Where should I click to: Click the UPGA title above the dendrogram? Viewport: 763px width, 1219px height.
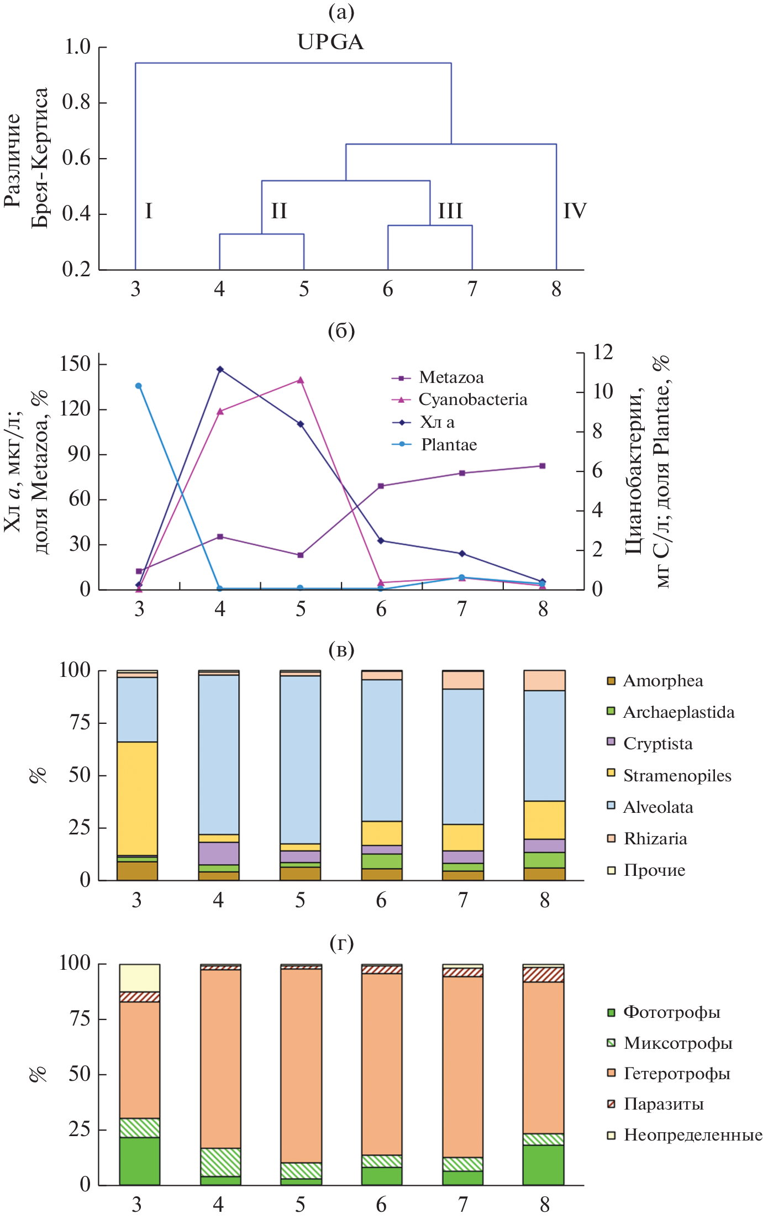point(330,42)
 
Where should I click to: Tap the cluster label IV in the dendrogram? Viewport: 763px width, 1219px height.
point(575,211)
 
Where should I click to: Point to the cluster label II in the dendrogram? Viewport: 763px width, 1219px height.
point(279,211)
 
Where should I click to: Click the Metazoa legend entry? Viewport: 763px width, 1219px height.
point(450,377)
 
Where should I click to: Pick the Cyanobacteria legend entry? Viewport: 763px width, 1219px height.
point(472,400)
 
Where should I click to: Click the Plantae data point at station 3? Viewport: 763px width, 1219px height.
point(139,386)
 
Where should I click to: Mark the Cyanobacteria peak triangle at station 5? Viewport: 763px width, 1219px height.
point(301,380)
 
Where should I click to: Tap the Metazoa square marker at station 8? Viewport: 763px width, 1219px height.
point(543,466)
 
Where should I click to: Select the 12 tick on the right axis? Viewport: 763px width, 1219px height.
point(603,352)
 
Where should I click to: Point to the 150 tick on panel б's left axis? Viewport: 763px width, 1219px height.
point(75,364)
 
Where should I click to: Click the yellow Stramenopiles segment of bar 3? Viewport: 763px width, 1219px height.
point(137,798)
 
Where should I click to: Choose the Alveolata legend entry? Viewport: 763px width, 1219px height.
point(657,807)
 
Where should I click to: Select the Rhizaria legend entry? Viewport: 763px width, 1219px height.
point(655,839)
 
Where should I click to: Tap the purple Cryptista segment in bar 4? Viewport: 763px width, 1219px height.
point(219,853)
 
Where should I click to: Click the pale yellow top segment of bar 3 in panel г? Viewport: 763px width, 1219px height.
point(140,978)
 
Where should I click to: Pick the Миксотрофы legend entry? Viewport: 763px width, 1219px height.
point(677,1043)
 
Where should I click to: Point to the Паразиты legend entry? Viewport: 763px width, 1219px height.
point(663,1104)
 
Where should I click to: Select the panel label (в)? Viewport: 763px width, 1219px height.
point(341,650)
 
